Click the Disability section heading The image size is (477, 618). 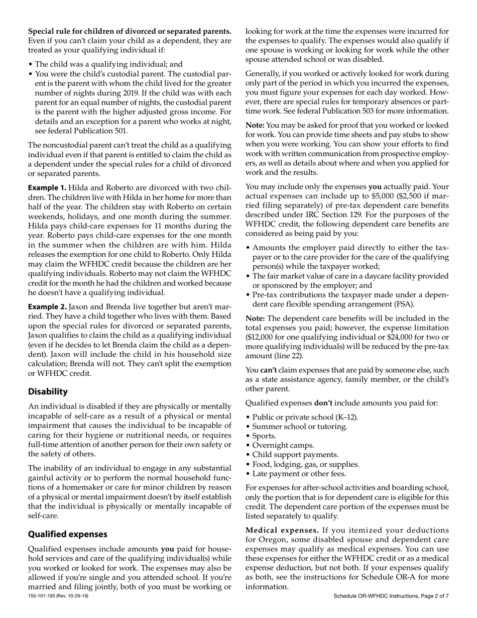pyautogui.click(x=48, y=391)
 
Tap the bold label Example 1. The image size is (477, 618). pyautogui.click(x=47, y=187)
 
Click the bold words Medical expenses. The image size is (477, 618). pyautogui.click(x=282, y=530)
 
